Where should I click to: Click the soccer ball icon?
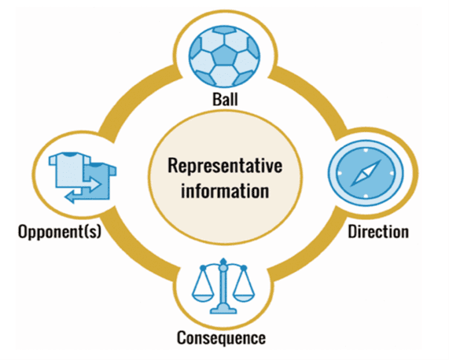point(226,54)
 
